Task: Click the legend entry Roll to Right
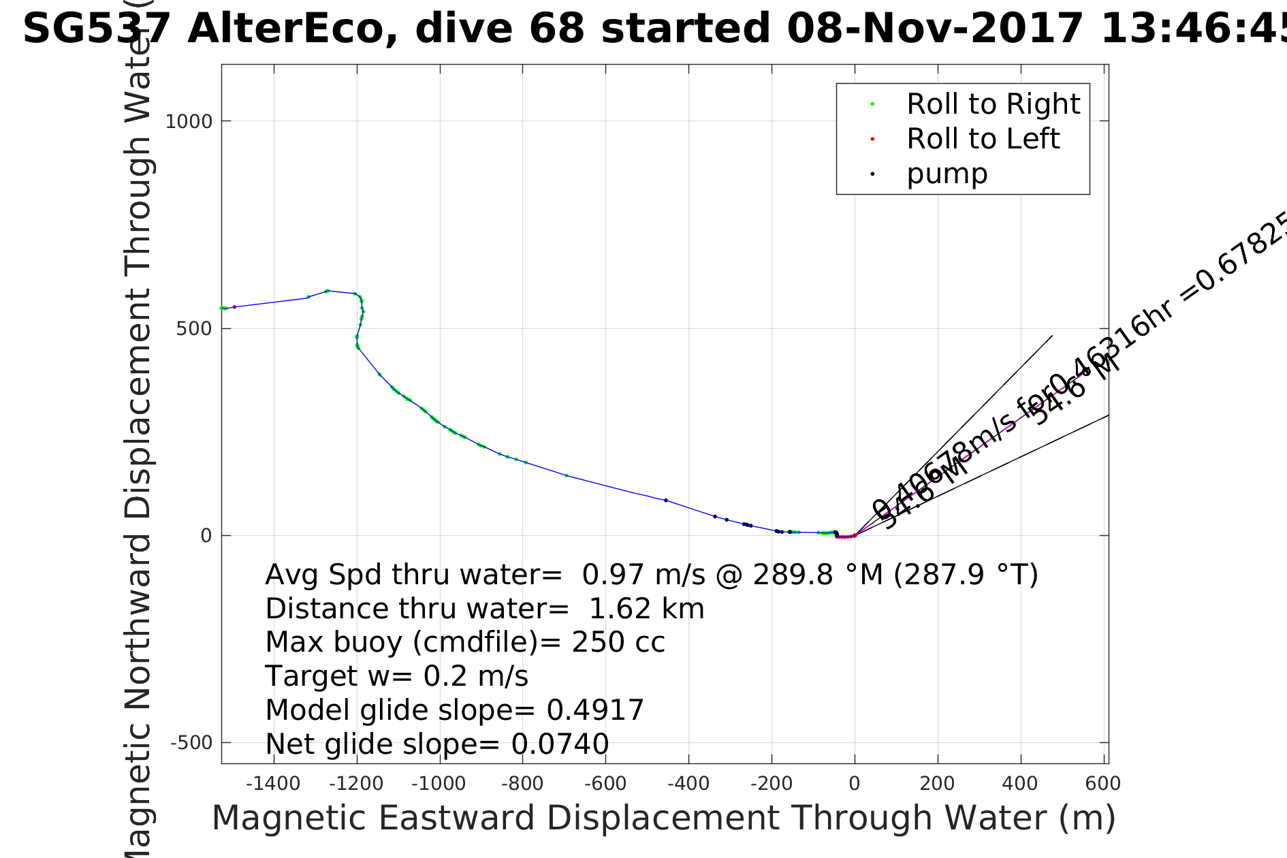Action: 993,104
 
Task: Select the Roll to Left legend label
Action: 983,139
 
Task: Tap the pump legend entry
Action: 947,174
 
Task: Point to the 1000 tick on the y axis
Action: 189,121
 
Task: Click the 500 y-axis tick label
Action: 194,329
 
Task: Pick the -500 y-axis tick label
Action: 191,743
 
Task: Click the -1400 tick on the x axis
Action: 273,784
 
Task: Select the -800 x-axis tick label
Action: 522,784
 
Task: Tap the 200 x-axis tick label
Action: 937,784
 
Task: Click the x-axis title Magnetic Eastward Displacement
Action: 664,818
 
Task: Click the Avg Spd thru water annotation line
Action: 651,575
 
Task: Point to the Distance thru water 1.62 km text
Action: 484,609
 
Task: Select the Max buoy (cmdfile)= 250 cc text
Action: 464,642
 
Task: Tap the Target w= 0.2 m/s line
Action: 396,676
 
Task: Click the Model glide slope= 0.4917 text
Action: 454,710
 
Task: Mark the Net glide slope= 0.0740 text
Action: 436,744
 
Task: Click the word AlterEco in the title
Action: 292,29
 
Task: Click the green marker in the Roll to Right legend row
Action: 872,104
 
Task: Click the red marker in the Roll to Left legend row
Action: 872,139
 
